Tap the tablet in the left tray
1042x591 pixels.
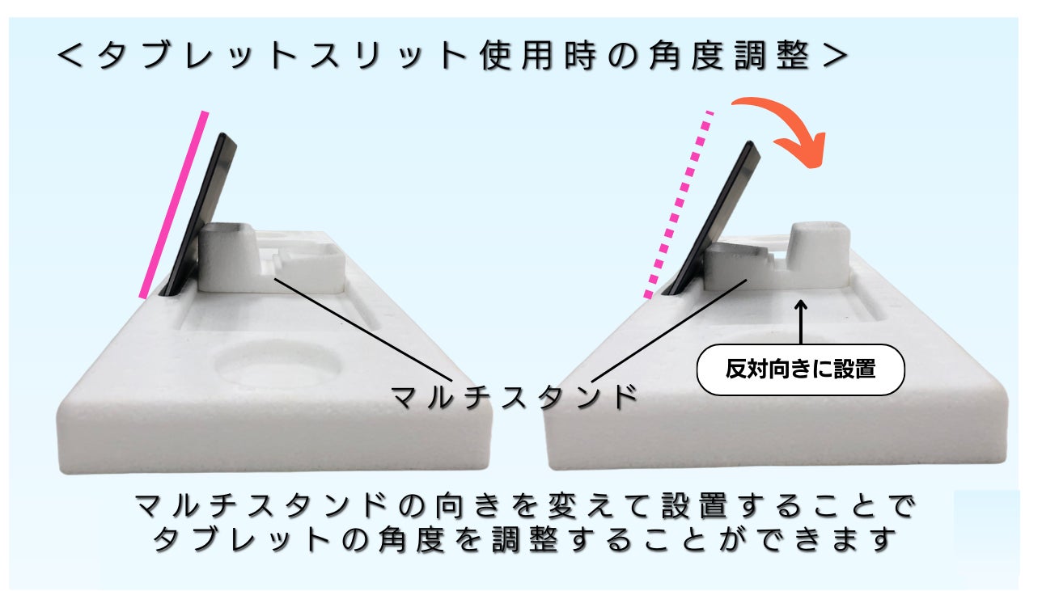[207, 210]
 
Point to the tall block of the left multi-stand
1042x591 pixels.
[227, 257]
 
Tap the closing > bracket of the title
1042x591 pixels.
[832, 57]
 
